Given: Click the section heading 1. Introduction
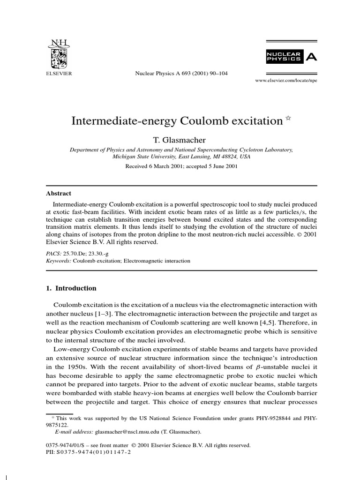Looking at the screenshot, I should (x=71, y=288).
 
